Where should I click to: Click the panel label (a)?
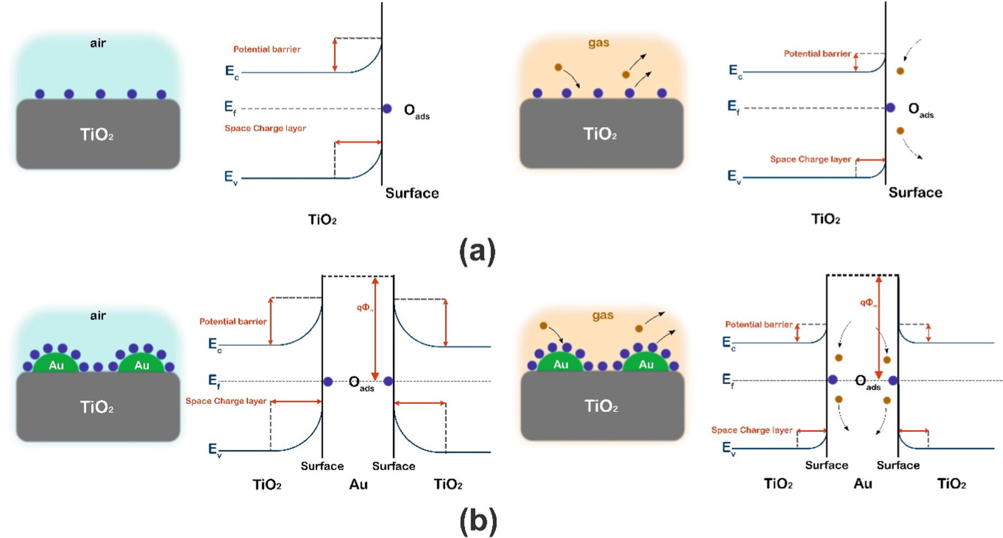click(477, 252)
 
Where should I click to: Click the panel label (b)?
click(478, 521)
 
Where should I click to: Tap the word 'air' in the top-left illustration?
click(98, 43)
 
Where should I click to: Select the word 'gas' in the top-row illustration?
click(599, 43)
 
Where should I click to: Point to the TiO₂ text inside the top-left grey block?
click(97, 134)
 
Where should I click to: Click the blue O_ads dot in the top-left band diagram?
click(387, 109)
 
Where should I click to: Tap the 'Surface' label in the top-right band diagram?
click(915, 192)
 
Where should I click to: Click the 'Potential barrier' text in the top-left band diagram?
click(267, 49)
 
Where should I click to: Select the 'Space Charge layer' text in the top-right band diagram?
click(810, 159)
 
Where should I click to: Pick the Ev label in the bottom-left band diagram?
click(214, 450)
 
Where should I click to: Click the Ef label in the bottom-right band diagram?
click(728, 380)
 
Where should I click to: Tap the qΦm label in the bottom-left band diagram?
click(365, 308)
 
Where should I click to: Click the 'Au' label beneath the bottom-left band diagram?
click(358, 484)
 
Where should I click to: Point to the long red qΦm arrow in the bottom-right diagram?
click(879, 326)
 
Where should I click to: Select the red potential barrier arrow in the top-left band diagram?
click(334, 55)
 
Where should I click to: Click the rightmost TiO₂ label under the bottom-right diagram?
click(952, 484)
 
